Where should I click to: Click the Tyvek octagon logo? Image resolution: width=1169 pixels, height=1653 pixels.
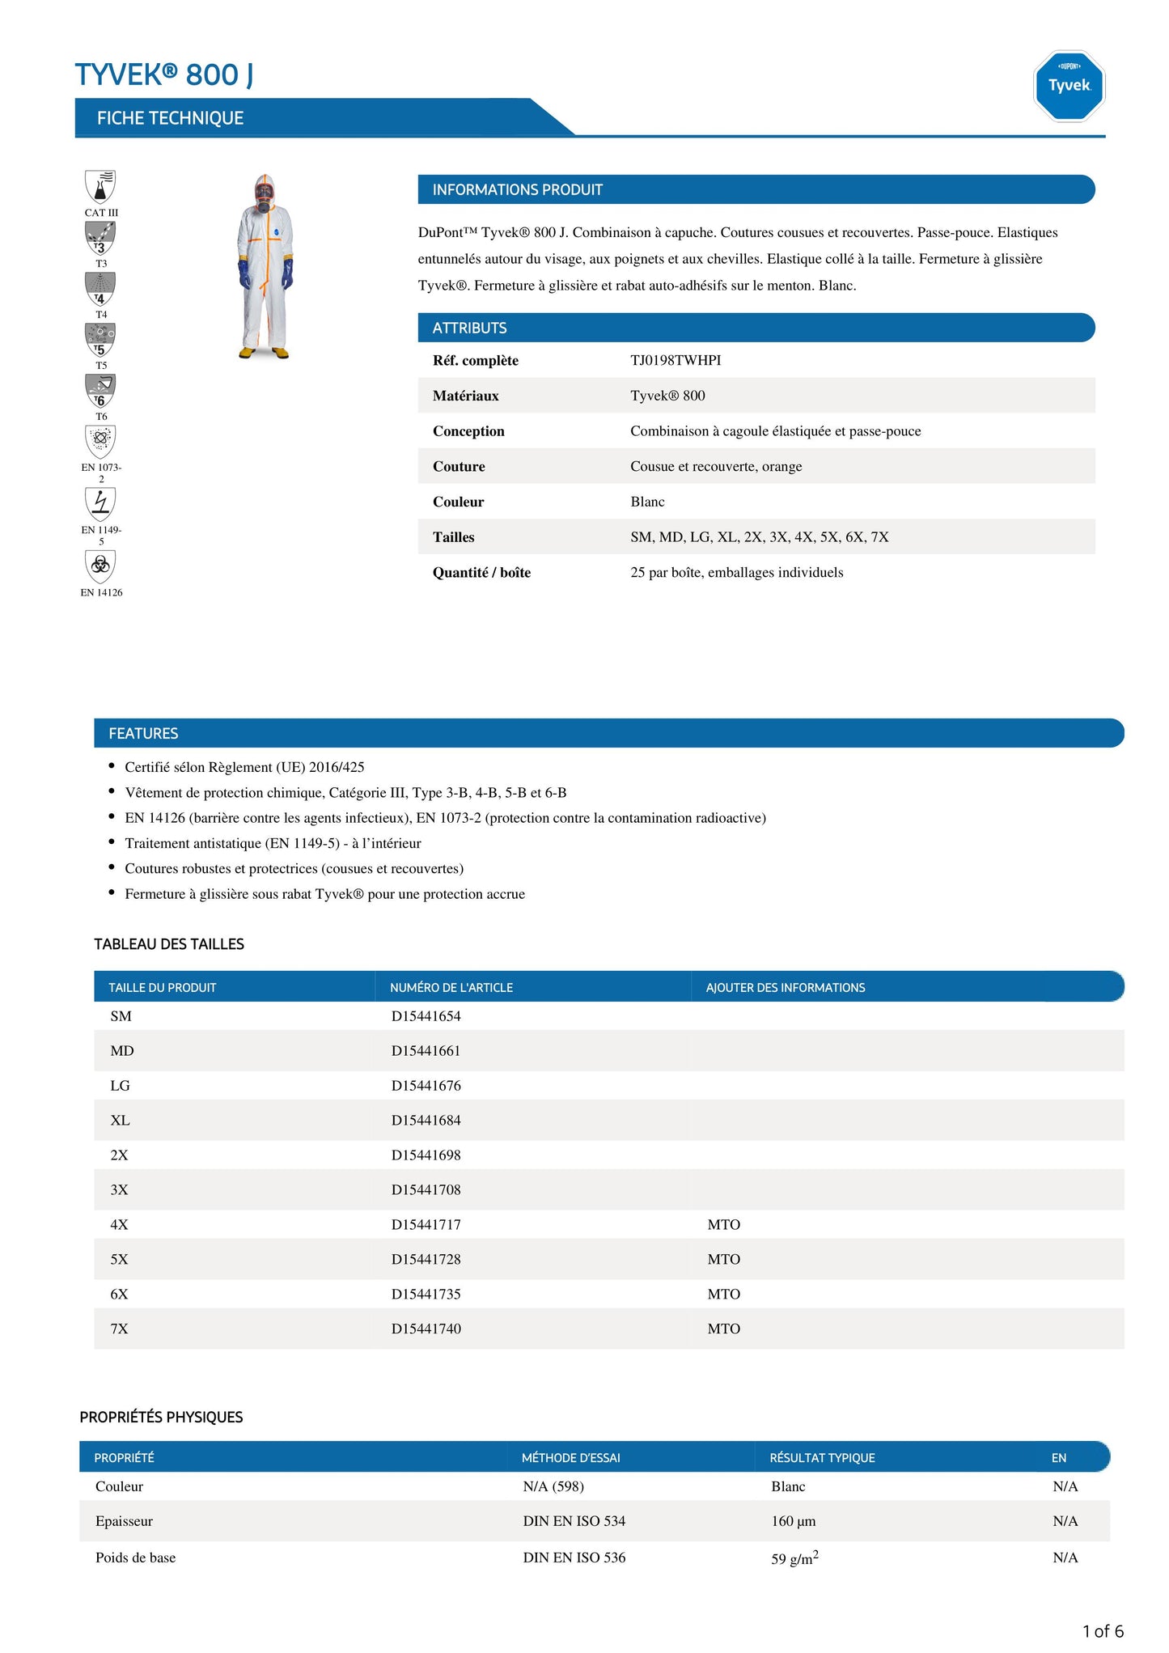point(1069,86)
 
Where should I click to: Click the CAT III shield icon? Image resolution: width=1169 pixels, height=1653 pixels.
point(100,187)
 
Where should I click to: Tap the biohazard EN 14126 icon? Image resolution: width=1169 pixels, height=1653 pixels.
point(100,566)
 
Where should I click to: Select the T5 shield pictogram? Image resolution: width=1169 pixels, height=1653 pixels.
point(100,340)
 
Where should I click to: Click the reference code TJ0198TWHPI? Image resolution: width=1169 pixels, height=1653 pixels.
point(676,360)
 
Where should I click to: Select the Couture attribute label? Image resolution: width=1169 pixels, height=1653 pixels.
point(459,466)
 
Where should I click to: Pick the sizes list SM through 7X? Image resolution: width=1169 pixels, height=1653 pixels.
point(759,536)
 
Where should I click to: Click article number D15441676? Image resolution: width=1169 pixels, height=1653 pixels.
point(426,1085)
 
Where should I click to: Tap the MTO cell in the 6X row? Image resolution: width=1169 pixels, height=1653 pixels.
point(723,1294)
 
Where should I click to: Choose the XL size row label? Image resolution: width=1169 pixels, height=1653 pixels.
point(120,1120)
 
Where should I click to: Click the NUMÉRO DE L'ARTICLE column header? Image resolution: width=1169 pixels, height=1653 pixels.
point(451,987)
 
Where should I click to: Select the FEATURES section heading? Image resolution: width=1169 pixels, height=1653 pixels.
point(143,733)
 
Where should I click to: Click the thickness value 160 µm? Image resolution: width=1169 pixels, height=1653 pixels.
point(793,1521)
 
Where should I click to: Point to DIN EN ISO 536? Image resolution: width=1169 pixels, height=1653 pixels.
point(574,1558)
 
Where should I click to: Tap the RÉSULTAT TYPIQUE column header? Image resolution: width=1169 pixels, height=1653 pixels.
point(822,1457)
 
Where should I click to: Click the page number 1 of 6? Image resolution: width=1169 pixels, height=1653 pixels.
point(1102,1631)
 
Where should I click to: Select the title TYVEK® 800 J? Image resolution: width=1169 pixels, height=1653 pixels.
point(164,74)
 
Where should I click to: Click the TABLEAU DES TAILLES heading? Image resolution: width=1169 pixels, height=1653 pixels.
point(169,944)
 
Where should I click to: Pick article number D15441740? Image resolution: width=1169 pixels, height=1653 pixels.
point(426,1329)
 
